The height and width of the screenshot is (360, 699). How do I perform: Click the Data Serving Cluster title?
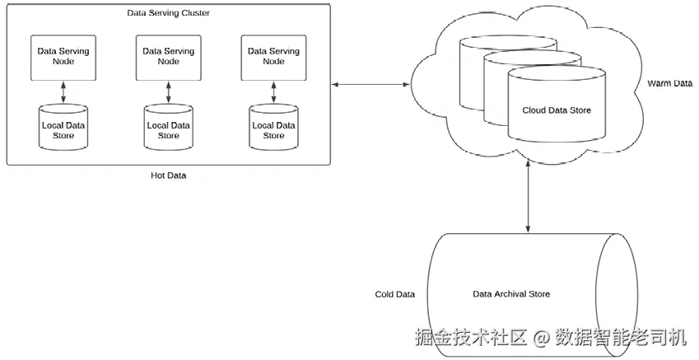coord(168,13)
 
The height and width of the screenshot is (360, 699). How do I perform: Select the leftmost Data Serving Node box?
coord(63,57)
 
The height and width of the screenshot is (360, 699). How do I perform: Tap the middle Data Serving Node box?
coord(168,57)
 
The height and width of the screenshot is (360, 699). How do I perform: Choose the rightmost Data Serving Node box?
coord(273,57)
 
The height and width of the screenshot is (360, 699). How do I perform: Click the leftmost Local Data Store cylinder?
coord(63,128)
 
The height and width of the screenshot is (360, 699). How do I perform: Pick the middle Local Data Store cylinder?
coord(168,128)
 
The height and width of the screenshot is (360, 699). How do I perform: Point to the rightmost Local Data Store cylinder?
coord(273,128)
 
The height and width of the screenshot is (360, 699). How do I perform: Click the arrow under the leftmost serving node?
coord(63,92)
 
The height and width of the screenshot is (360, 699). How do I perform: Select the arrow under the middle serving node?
coord(168,92)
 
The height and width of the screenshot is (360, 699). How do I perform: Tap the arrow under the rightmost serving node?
coord(273,92)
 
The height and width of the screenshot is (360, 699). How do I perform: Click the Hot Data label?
coord(168,175)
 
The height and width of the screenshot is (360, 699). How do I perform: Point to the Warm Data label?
coord(669,83)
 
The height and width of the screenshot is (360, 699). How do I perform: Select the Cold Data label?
coord(395,294)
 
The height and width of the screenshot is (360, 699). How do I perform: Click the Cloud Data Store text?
coord(557,110)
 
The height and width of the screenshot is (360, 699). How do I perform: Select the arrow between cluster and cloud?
coord(370,84)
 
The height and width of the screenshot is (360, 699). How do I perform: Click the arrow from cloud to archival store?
coord(527,198)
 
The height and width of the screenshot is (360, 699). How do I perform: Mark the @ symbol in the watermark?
coord(541,338)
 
